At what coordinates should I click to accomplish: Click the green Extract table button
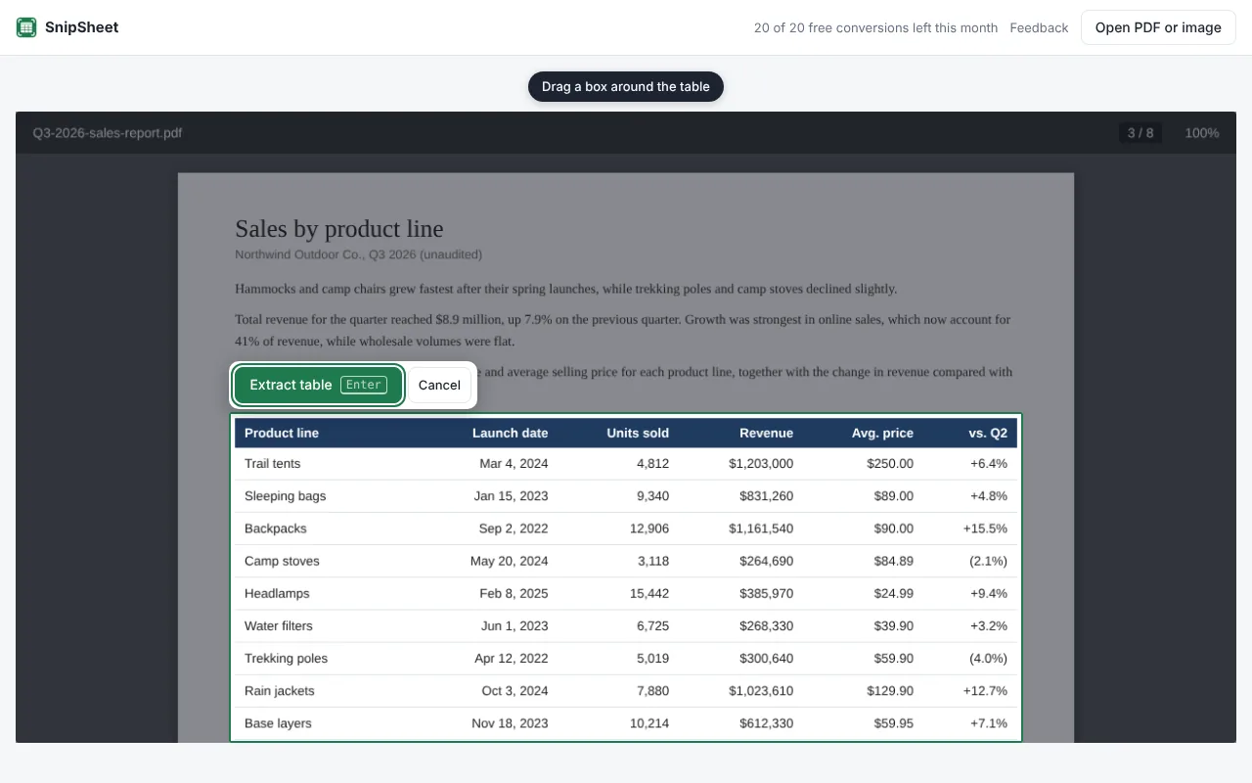point(318,385)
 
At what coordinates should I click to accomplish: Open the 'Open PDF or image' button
point(1157,27)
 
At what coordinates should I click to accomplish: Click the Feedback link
point(1039,28)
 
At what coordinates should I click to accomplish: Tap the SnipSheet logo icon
point(26,27)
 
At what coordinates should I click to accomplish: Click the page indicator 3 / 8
point(1140,133)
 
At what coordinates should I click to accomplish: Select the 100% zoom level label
point(1202,133)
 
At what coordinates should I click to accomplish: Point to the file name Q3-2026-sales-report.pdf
point(108,133)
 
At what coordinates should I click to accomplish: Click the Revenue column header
point(766,433)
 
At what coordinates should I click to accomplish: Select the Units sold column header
point(638,433)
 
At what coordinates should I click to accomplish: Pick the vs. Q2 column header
point(988,433)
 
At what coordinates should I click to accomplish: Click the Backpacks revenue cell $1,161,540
point(761,529)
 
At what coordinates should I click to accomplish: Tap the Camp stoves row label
point(282,561)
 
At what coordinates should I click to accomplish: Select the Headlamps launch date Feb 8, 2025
point(514,593)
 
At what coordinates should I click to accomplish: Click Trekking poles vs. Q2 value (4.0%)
point(988,659)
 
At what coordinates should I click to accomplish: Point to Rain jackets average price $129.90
point(890,691)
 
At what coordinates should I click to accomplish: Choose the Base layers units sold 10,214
point(648,723)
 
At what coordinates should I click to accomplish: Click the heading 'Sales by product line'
point(338,229)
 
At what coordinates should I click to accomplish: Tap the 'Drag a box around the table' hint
point(625,87)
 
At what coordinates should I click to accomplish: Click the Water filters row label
point(279,625)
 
